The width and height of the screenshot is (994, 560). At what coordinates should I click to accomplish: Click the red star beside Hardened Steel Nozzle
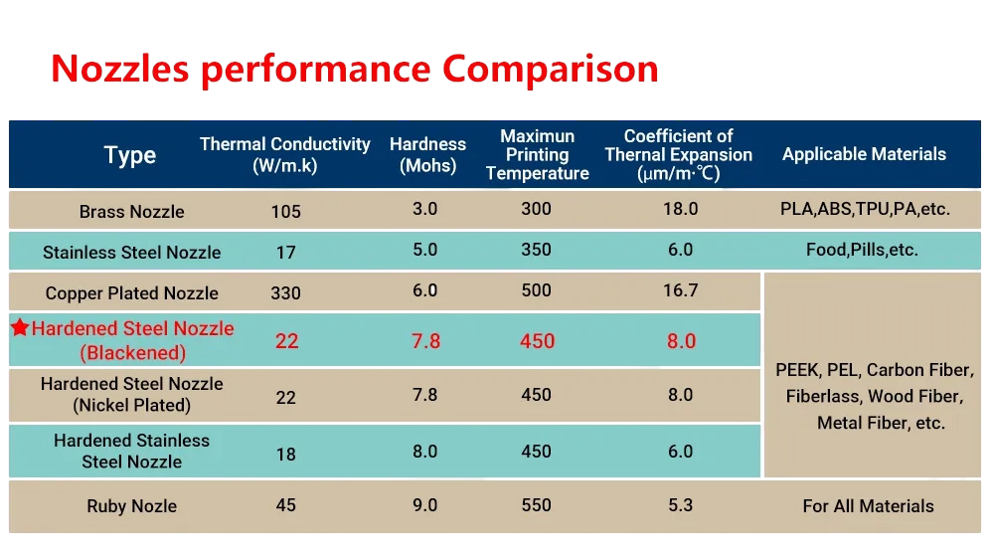coord(20,328)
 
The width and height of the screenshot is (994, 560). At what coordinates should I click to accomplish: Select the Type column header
coord(130,155)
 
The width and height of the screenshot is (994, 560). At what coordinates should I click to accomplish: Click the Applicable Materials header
coord(864,154)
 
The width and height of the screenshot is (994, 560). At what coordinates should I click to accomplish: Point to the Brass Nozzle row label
coord(131,212)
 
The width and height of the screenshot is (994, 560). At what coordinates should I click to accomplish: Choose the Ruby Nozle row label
coord(131,506)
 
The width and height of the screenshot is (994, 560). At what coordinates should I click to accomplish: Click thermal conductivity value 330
coord(286,293)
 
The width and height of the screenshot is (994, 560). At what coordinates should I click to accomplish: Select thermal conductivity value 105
coord(286,212)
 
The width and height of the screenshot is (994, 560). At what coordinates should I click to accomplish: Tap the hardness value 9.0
coord(425,505)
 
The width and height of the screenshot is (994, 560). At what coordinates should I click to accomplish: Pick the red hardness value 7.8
coord(425,341)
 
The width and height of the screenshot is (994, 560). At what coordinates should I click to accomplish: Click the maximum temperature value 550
coord(537,505)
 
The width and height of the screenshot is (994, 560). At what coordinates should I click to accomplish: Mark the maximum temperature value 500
coord(537,290)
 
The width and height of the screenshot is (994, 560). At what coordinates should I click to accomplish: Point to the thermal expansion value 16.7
coord(681,290)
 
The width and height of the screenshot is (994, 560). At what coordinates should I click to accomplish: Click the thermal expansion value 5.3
coord(681,505)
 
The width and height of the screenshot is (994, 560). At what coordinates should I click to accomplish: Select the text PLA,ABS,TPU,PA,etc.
coord(863,210)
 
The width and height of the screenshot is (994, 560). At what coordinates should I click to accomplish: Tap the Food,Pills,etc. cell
coord(863,250)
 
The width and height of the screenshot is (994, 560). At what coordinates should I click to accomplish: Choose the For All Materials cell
coord(868,506)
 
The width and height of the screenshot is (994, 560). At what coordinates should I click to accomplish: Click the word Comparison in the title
coord(550,70)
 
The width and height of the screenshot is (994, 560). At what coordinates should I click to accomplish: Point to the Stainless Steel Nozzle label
coord(131,253)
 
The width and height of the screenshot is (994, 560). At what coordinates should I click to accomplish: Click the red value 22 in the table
coord(286,341)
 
